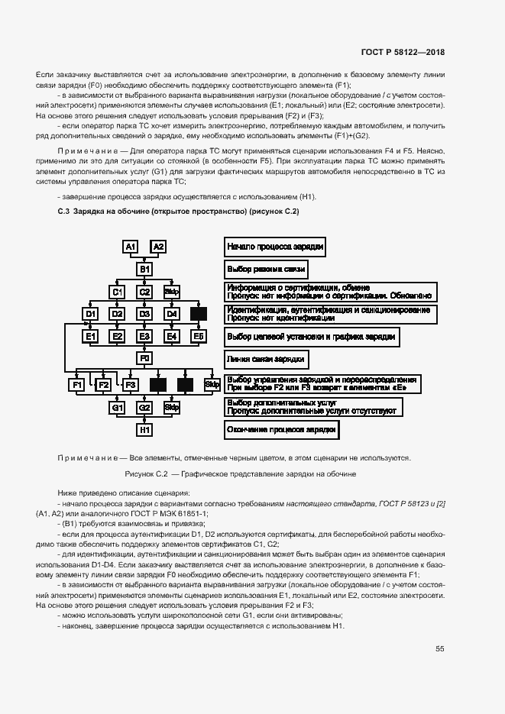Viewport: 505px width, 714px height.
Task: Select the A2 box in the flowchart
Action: tap(158, 247)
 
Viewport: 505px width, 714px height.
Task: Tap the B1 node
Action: tap(144, 270)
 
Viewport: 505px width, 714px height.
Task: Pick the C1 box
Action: tap(118, 292)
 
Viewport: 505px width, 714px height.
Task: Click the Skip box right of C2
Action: tap(171, 292)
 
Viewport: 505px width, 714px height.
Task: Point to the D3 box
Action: tap(144, 314)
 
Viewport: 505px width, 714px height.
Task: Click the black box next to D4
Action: tap(199, 314)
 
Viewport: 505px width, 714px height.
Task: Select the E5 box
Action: tap(199, 336)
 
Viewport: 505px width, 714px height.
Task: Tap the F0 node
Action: tap(144, 358)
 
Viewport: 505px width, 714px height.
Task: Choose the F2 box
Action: tap(104, 386)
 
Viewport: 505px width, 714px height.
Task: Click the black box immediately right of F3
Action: tap(158, 386)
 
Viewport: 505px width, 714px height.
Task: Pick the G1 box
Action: tap(118, 408)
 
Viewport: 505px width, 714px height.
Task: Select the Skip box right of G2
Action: tap(171, 408)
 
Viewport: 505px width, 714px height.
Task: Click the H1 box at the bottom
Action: tap(144, 430)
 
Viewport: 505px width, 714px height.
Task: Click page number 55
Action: tap(440, 648)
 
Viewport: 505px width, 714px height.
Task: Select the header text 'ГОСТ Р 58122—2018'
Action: tap(403, 53)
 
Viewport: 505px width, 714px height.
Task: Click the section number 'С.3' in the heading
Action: tap(63, 211)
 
